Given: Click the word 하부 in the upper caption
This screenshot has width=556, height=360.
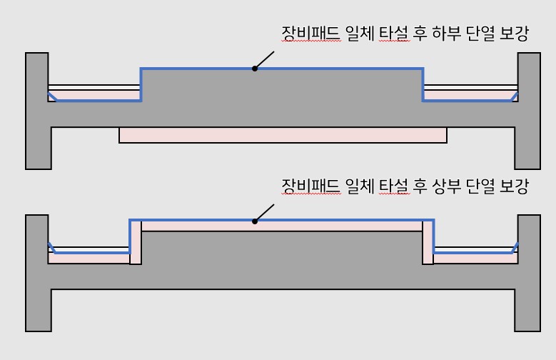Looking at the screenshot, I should pyautogui.click(x=448, y=34).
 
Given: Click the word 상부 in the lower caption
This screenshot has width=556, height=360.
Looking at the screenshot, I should pyautogui.click(x=448, y=187).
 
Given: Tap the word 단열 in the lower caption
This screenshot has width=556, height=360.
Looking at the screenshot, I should pyautogui.click(x=480, y=187).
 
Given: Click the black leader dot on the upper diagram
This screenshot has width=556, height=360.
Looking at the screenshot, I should pyautogui.click(x=254, y=69).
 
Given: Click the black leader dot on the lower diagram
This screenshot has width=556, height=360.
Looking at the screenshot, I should pyautogui.click(x=254, y=221).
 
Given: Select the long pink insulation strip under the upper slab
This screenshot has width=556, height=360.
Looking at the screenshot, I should pyautogui.click(x=283, y=135).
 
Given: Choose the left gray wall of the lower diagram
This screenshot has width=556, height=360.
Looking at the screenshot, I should pyautogui.click(x=37, y=271).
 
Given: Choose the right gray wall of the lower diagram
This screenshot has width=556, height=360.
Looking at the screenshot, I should pyautogui.click(x=529, y=271).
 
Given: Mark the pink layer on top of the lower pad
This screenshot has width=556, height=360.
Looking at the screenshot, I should pyautogui.click(x=282, y=226).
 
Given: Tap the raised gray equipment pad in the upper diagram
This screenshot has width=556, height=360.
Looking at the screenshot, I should pyautogui.click(x=282, y=89).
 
